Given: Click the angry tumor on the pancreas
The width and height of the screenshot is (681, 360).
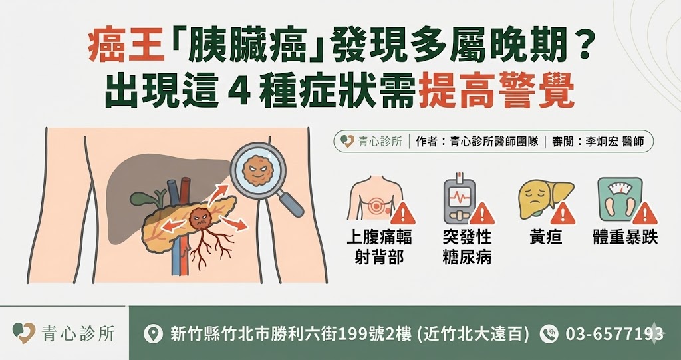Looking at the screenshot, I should pos(199,219).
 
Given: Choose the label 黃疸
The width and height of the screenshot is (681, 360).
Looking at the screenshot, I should pos(545,238).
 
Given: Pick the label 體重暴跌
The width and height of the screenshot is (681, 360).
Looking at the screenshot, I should pos(624,238).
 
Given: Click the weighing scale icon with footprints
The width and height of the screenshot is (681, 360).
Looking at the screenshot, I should pos(619,198).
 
